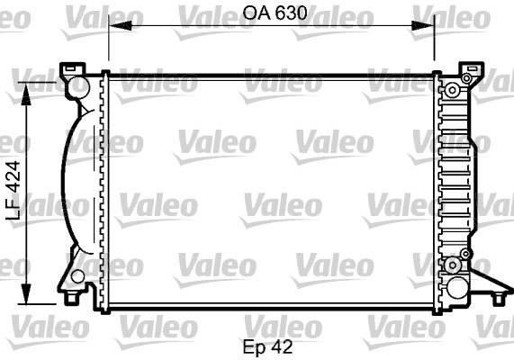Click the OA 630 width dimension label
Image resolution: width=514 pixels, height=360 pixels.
(x=275, y=13)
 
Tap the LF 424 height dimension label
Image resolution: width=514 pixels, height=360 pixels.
(x=14, y=191)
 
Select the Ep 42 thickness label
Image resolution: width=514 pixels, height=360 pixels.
(x=267, y=347)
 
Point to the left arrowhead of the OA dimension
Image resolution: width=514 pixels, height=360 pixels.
(x=121, y=25)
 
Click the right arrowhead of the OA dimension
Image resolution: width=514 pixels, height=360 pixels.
(x=423, y=25)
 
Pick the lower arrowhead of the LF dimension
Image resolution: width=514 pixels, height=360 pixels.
(x=26, y=294)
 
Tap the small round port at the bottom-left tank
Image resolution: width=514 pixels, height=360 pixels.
(x=77, y=276)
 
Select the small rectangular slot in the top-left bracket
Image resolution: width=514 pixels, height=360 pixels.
(x=70, y=69)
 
